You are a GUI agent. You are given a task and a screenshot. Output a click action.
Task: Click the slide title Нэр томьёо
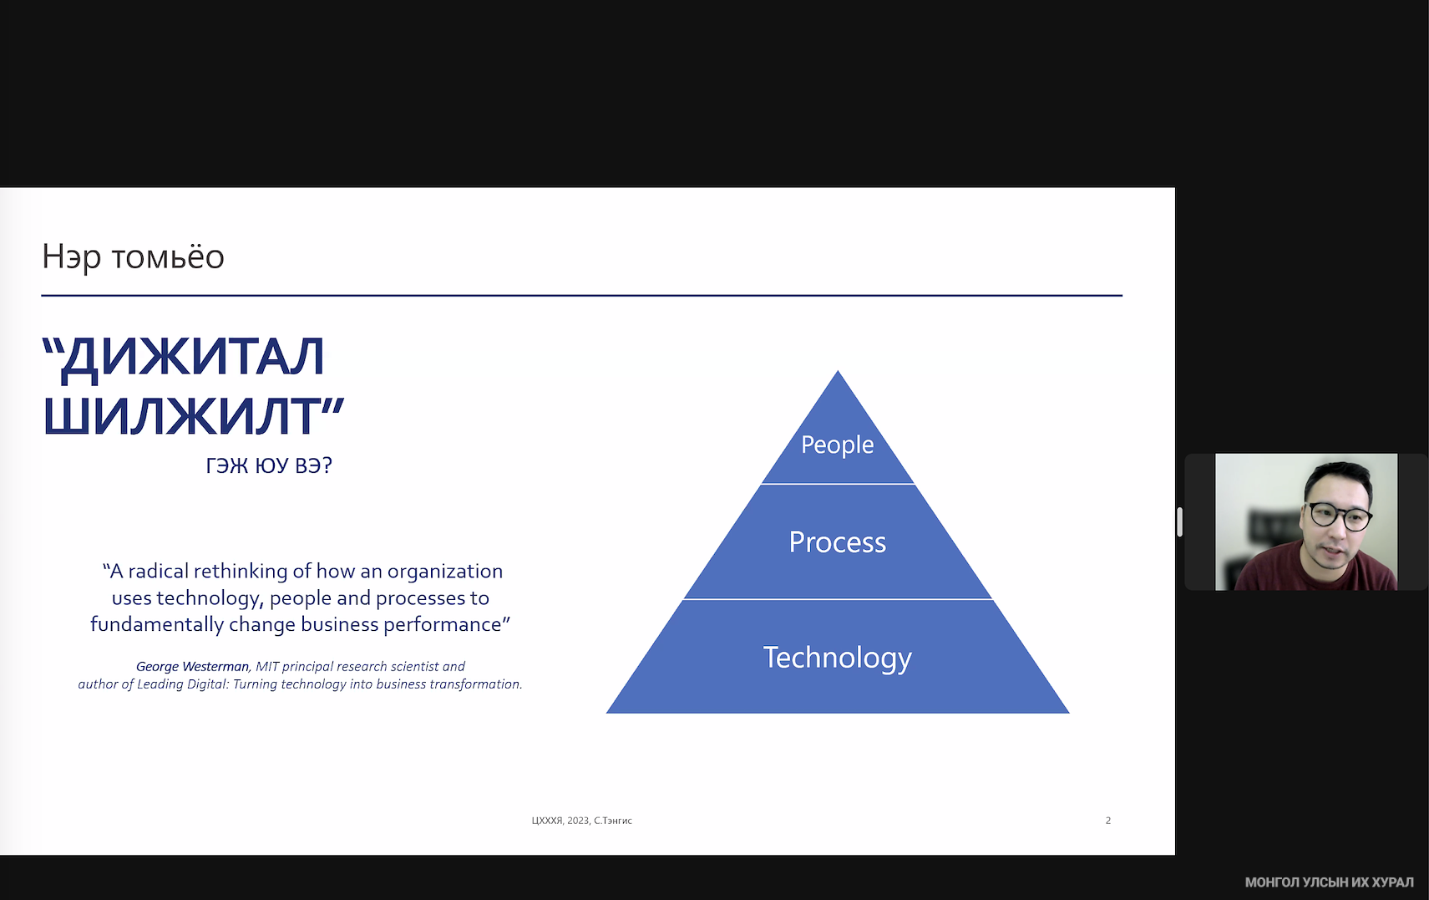pos(133,257)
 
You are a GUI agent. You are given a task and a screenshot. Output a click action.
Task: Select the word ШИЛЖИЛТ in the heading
pos(181,415)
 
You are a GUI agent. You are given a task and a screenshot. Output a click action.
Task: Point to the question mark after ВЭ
pos(327,465)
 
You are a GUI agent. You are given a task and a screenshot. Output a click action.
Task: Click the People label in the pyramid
pos(837,445)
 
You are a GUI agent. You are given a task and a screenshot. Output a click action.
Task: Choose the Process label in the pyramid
pos(837,542)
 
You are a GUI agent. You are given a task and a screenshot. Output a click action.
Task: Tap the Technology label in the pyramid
pos(837,658)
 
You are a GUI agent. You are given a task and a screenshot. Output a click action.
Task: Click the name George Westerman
pos(192,666)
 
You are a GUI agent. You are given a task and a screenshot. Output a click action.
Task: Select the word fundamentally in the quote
pos(157,624)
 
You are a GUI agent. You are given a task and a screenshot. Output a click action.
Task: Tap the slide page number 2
pos(1108,821)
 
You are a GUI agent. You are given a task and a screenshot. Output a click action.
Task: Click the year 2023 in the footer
pos(578,821)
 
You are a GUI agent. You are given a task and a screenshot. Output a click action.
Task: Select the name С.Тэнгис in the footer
pos(612,821)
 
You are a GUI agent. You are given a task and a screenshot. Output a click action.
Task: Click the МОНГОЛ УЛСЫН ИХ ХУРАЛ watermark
pos(1329,882)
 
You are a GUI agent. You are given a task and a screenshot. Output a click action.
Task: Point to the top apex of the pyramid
pos(838,371)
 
